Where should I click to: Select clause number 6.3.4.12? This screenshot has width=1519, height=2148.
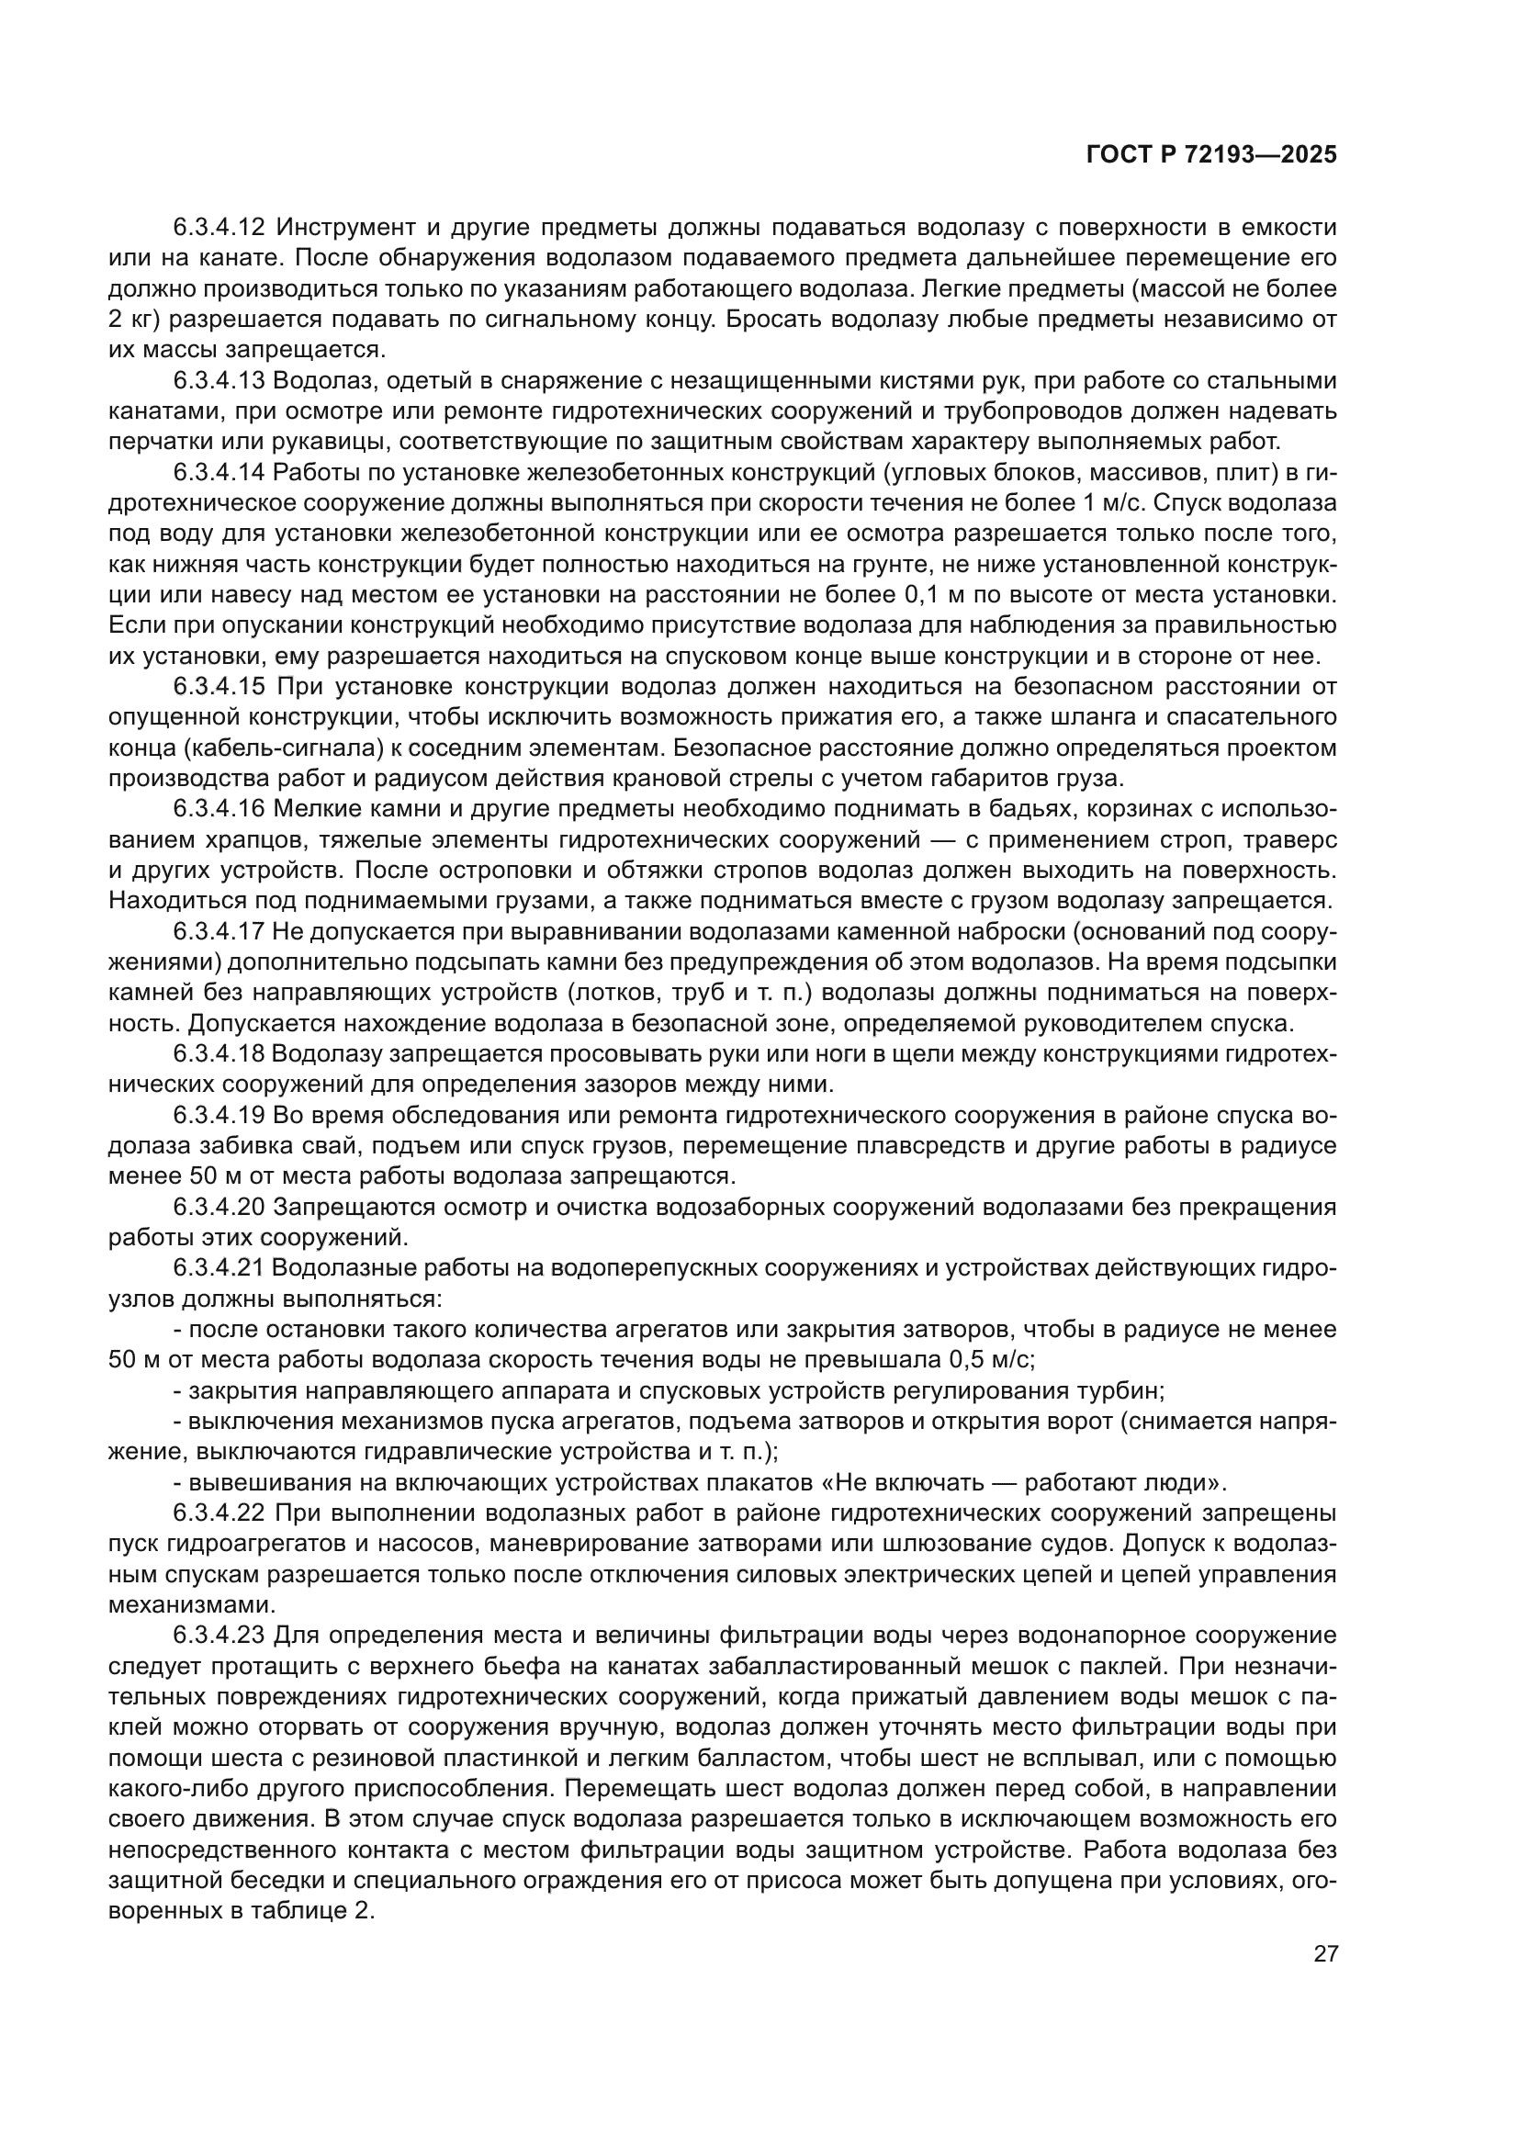coord(220,228)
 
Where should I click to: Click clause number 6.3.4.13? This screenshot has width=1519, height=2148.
coord(220,381)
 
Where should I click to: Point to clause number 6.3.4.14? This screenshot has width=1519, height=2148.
coord(220,472)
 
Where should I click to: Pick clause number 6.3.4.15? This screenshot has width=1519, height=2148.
coord(220,687)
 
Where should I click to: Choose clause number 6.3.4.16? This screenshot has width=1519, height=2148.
coord(220,809)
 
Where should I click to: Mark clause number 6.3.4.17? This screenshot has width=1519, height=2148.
coord(220,932)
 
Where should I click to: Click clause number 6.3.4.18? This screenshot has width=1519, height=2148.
coord(220,1054)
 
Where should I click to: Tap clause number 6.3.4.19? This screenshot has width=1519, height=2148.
coord(220,1116)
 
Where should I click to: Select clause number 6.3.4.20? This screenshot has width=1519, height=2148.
coord(220,1208)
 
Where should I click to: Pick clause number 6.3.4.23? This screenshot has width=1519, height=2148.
coord(220,1636)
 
